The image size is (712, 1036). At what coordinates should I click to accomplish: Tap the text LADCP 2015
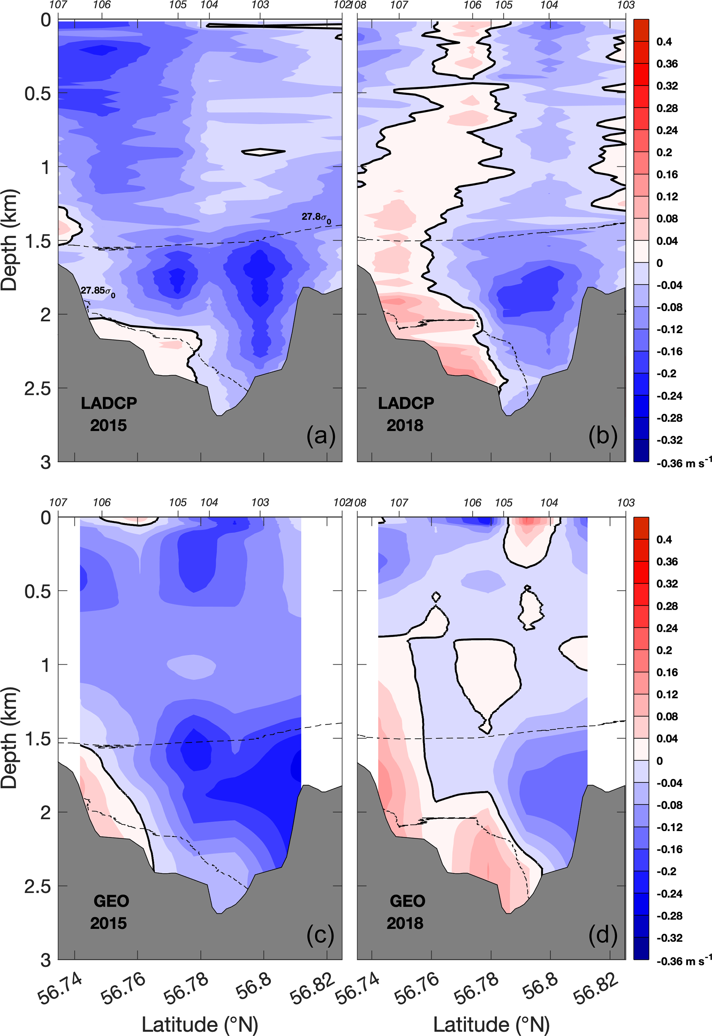(109, 414)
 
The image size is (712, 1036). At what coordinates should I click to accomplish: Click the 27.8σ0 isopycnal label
(316, 218)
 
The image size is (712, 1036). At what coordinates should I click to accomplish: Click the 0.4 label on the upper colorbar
(664, 42)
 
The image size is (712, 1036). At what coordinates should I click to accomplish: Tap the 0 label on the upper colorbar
(659, 263)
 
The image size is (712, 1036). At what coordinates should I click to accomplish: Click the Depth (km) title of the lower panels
(10, 738)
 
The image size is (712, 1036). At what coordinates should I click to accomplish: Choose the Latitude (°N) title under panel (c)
(200, 1024)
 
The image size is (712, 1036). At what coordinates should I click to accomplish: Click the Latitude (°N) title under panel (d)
(491, 1024)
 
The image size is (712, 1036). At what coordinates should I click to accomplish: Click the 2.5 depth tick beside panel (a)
(38, 389)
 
